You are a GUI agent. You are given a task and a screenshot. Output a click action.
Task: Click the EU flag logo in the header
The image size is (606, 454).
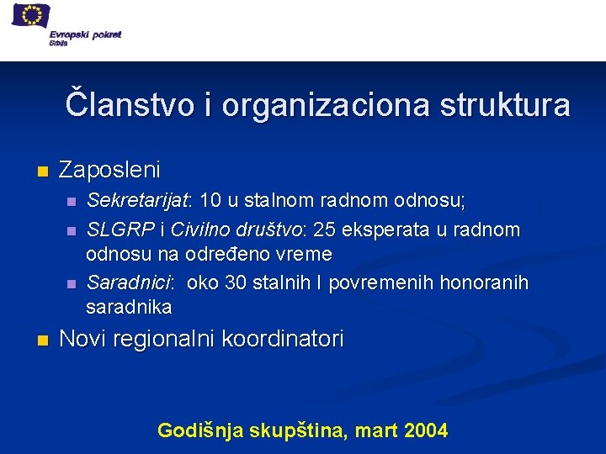(x=30, y=17)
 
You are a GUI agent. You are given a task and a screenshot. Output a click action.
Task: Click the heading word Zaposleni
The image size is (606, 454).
(x=109, y=171)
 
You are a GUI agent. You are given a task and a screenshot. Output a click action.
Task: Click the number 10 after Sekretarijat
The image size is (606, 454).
(x=211, y=202)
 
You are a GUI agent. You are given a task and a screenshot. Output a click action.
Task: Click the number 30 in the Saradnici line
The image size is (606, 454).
(x=237, y=282)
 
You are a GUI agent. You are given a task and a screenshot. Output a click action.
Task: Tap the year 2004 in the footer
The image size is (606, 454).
(x=426, y=431)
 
